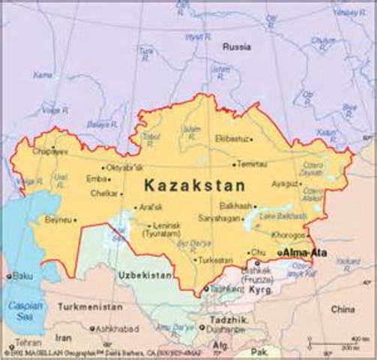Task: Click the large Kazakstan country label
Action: (x=194, y=184)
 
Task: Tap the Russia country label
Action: (x=236, y=46)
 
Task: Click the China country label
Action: (x=343, y=308)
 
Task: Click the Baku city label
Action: (x=22, y=276)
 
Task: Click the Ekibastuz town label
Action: (x=230, y=139)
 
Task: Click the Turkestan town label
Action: (x=217, y=259)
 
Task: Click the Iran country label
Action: (x=64, y=338)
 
